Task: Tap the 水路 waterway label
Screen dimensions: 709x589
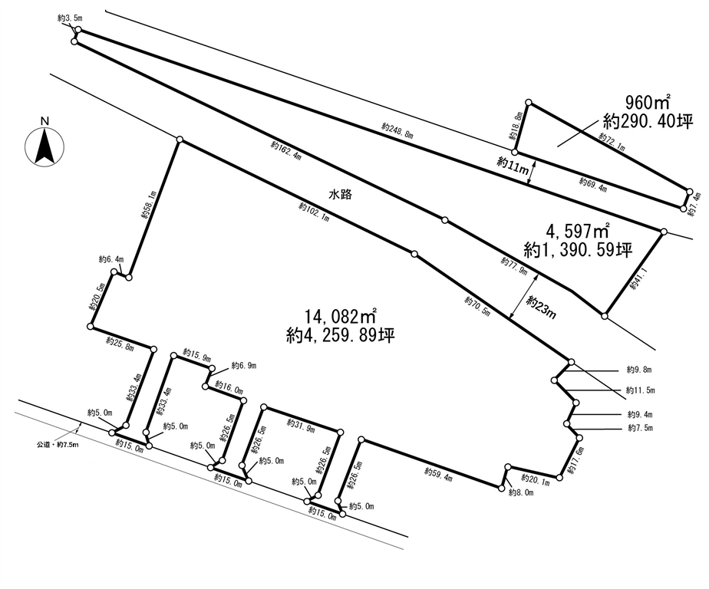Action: (x=340, y=195)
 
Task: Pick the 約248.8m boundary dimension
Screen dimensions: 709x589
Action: (x=397, y=130)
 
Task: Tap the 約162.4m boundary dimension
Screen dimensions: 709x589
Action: (x=286, y=151)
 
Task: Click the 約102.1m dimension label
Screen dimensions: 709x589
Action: (x=314, y=212)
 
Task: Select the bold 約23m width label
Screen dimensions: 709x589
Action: (x=541, y=307)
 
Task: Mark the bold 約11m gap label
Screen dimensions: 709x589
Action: (x=513, y=165)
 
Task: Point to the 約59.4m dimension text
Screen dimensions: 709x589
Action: (x=438, y=474)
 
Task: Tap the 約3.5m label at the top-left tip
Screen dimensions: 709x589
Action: (x=70, y=18)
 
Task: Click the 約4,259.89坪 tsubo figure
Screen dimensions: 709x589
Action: (x=341, y=335)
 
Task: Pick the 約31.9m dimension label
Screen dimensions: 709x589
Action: (x=301, y=426)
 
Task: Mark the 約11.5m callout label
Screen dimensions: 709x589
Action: (x=640, y=390)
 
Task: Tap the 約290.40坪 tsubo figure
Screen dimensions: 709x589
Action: (x=648, y=122)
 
